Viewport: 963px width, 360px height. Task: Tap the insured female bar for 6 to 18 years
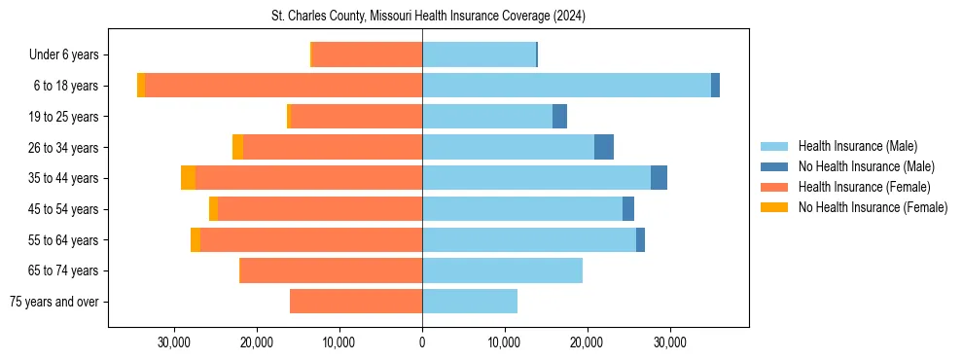[283, 86]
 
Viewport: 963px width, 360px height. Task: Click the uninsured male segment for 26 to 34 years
[604, 147]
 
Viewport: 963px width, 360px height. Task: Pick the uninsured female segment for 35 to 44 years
[188, 178]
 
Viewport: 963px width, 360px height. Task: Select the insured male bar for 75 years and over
[470, 302]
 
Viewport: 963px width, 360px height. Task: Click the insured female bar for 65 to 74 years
[331, 270]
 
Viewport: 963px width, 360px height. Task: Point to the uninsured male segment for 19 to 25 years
[559, 117]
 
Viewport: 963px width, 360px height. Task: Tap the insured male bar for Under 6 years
[479, 54]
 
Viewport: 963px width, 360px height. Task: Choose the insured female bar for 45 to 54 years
[320, 209]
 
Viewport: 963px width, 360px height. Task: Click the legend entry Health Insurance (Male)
[857, 146]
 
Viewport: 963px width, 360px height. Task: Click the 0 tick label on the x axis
[422, 342]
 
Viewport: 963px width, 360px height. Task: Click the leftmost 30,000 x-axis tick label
[174, 342]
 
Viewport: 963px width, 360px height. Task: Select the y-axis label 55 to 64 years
[64, 240]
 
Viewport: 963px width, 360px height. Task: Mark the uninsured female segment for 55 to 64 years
[196, 239]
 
